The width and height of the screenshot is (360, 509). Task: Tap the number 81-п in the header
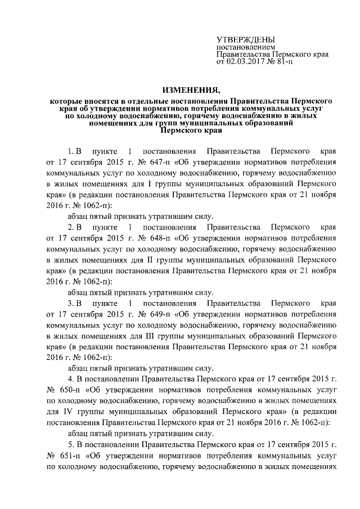pos(283,63)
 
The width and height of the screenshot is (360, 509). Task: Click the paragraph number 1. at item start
pos(71,152)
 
